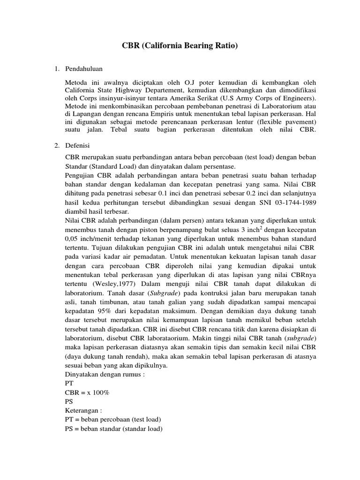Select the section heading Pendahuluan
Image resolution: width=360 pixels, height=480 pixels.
(84, 69)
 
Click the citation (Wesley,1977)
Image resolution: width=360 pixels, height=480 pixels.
(107, 284)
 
